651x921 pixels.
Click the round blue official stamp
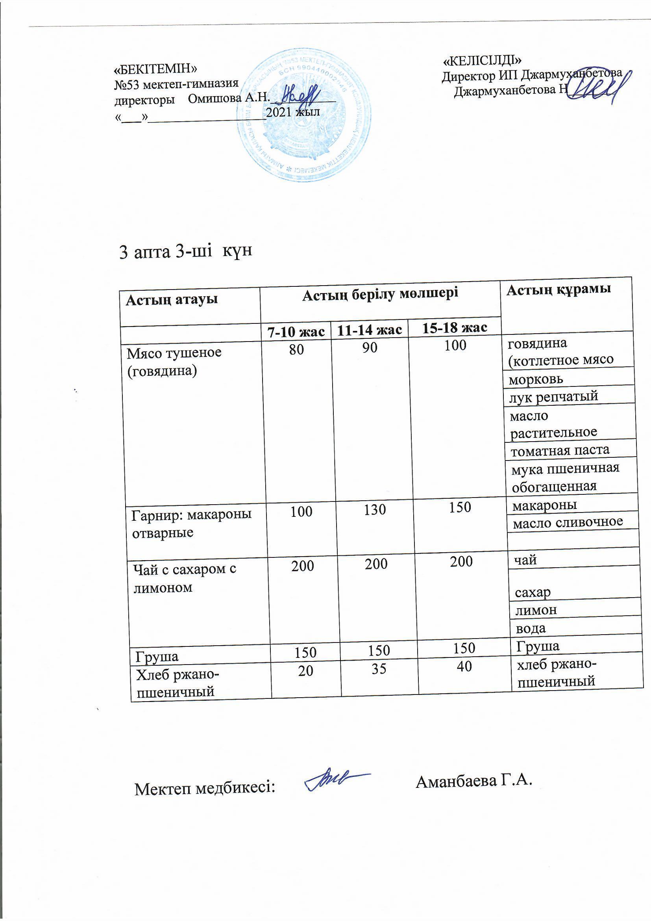tap(304, 114)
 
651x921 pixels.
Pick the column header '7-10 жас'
tap(296, 332)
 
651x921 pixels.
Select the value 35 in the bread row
tap(379, 668)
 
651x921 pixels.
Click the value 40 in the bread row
tap(464, 667)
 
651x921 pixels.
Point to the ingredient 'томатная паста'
tap(560, 451)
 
